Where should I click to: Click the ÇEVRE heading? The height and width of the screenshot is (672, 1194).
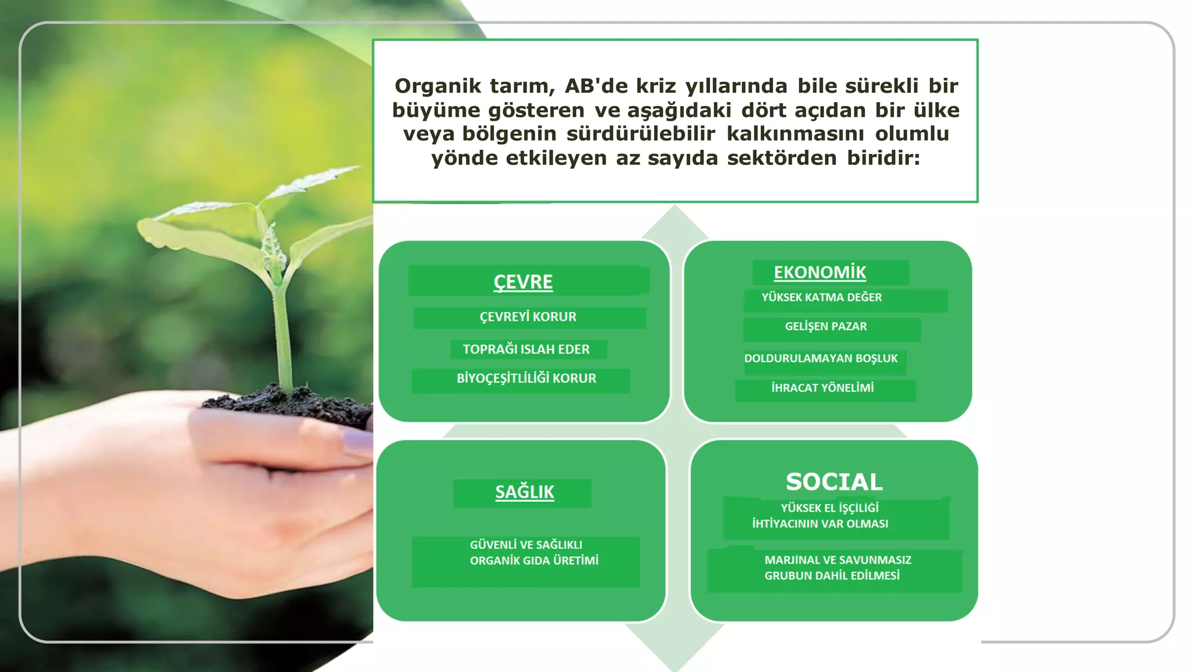523,282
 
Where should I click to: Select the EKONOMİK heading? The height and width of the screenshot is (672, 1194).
820,272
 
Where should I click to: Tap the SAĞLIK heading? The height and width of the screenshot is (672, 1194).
524,492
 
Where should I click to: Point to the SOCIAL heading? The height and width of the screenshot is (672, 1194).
834,482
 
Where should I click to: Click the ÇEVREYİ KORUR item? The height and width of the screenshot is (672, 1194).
528,317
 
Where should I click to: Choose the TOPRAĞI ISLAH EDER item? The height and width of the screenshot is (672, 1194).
526,349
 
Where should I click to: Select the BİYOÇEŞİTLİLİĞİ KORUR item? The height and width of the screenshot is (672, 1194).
526,379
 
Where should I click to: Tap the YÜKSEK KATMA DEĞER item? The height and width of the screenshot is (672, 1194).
821,297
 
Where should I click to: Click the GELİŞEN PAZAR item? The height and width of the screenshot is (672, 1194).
826,327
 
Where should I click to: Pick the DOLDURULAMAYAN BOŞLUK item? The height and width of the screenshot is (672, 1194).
821,358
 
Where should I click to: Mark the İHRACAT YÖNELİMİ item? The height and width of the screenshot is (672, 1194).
822,388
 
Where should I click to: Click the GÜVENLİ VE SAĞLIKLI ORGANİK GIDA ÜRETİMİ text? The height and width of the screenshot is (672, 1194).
533,552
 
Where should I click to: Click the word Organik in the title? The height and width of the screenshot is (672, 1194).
438,86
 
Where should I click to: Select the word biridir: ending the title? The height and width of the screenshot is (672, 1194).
883,158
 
